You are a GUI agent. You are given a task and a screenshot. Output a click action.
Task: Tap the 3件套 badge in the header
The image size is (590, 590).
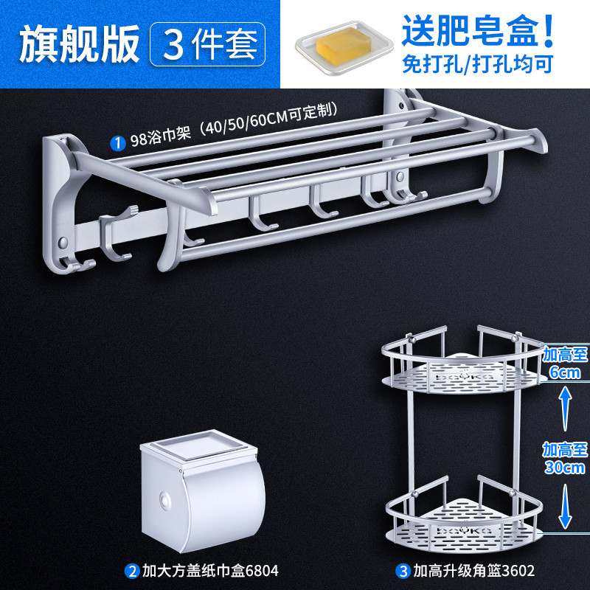pos(207,44)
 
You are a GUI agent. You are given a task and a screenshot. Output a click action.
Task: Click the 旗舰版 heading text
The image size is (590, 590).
pos(80,44)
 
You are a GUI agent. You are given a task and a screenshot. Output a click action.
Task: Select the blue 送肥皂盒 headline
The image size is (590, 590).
pos(478,31)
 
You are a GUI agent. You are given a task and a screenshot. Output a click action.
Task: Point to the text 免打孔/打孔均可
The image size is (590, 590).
pos(478,64)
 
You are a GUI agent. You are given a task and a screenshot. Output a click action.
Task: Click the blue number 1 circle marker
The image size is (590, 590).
pos(118,143)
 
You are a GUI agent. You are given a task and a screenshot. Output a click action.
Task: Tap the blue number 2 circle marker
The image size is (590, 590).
pos(132,571)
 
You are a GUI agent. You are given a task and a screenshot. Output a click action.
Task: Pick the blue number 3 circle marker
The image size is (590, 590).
pos(403,571)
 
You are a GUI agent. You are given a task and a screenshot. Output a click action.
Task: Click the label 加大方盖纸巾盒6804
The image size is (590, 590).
pos(210,571)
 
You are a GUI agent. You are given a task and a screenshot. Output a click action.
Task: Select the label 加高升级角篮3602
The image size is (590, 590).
pos(473,571)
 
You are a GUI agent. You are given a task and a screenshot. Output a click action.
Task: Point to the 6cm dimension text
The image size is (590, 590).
pos(565,372)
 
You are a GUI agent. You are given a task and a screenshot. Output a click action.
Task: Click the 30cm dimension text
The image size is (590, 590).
pos(565,468)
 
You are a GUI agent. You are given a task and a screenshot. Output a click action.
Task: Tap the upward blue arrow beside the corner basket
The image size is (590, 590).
pos(565,409)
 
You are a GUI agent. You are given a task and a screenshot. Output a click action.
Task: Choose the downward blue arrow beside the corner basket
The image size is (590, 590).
pos(565,506)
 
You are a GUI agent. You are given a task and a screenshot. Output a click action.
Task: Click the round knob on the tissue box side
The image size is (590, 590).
pos(164,501)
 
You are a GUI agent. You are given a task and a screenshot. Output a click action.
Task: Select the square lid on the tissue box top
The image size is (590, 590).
pos(198,445)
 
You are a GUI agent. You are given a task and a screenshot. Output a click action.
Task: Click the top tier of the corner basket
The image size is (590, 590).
pos(462,361)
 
